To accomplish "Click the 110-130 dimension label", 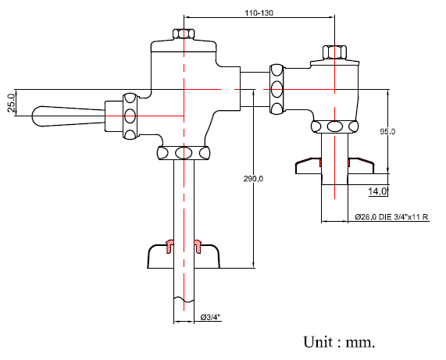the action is [259, 13].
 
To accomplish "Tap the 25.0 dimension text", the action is [12, 103].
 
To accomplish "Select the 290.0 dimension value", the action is [253, 179].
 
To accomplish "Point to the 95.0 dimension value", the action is [387, 131].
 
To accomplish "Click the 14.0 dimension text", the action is [377, 191].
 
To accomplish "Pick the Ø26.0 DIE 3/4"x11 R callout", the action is [391, 217].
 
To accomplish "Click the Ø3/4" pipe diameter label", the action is [210, 317].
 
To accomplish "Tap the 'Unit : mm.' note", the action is [339, 342].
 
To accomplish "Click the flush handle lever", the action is [68, 116].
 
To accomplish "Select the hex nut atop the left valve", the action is [184, 34].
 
